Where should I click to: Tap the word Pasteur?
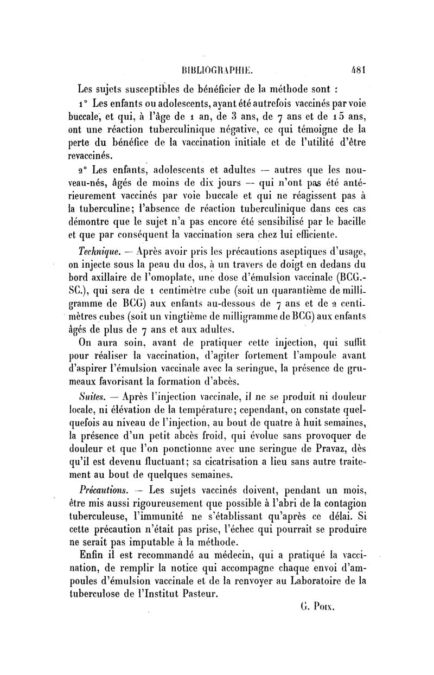(x=195, y=594)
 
